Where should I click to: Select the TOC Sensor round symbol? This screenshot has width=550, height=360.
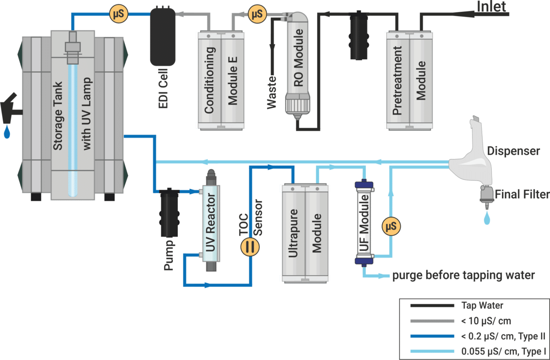[250, 246]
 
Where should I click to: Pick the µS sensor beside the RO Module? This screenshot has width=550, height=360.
[256, 14]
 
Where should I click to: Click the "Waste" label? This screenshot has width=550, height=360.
[272, 92]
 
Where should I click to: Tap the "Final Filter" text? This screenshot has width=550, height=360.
[522, 194]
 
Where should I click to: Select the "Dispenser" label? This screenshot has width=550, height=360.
[514, 151]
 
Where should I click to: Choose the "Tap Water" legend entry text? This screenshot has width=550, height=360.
[483, 305]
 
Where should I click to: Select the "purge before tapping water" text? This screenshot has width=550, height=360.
[463, 276]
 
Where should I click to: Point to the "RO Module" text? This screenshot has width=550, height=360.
[298, 58]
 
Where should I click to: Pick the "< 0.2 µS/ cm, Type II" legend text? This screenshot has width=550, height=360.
[502, 336]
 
